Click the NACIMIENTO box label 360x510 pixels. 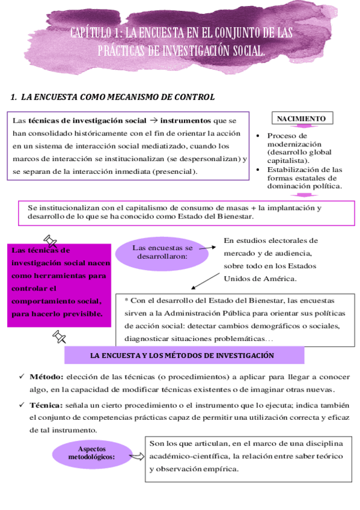point(302,119)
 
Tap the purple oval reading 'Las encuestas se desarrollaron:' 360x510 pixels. point(162,252)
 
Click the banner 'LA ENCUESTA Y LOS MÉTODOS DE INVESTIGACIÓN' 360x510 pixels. point(182,355)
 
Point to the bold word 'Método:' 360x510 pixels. point(46,377)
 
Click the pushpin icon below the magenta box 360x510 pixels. point(59,336)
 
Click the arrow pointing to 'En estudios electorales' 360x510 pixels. point(207,246)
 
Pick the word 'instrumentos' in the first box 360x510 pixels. point(186,120)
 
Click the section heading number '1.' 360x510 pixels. point(14,97)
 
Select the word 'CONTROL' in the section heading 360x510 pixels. point(194,97)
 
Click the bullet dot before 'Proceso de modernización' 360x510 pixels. point(258,136)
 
